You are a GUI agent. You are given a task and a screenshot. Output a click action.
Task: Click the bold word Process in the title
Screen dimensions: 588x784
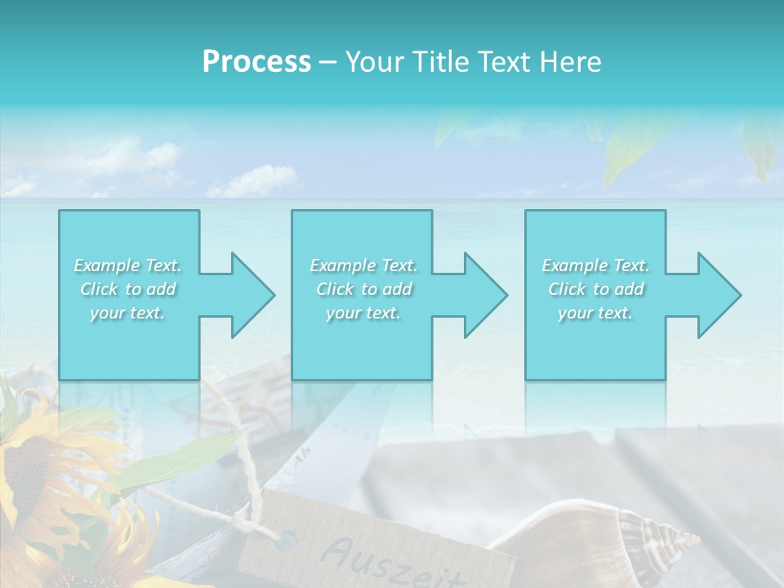(x=256, y=62)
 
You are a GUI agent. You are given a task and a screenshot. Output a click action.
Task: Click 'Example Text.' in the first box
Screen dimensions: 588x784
(x=127, y=265)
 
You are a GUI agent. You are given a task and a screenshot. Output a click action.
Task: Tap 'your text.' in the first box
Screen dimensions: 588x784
(x=127, y=313)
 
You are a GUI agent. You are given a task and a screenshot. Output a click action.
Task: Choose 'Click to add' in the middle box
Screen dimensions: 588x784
(x=363, y=289)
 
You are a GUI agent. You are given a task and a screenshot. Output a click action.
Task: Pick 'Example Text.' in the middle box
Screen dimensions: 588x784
(x=363, y=265)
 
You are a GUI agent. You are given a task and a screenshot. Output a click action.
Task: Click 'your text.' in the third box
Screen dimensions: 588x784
(x=595, y=313)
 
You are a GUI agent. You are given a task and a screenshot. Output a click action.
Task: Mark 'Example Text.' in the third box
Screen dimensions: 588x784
(x=595, y=265)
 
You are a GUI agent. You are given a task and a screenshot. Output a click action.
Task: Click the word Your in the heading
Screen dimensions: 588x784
(x=372, y=62)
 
